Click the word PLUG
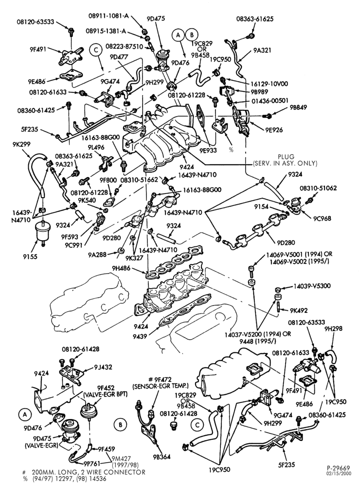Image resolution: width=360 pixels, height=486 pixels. click(286, 157)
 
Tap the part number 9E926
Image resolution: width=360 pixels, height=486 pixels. click(274, 130)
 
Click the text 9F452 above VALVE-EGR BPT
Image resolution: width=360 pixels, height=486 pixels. click(106, 388)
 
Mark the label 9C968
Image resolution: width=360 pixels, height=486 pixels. click(322, 218)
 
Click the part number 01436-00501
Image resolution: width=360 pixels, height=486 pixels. click(270, 101)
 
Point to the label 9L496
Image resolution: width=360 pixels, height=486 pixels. click(96, 148)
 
